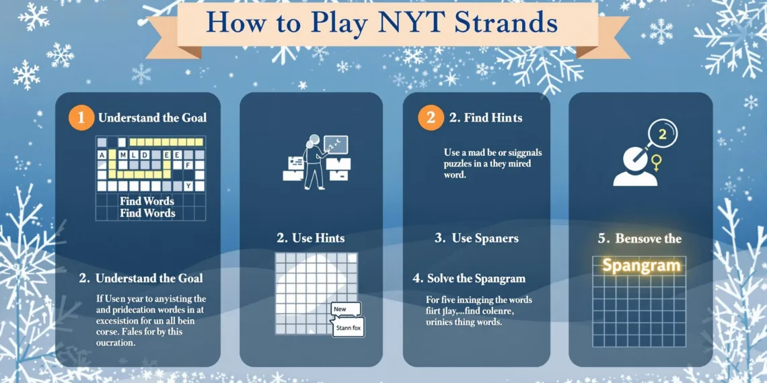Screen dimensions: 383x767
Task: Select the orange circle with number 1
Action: (x=81, y=118)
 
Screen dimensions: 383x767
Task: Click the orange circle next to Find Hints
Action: (x=431, y=118)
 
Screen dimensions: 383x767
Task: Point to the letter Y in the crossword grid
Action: (x=189, y=185)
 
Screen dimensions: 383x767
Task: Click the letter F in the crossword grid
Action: (x=189, y=165)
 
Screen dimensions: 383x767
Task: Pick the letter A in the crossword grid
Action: (x=102, y=155)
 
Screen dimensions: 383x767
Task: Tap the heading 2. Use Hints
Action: (x=311, y=238)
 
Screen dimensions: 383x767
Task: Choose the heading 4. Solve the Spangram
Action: (x=469, y=278)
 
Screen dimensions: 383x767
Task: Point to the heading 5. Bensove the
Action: (x=639, y=239)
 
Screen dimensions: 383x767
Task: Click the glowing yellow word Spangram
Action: (x=641, y=265)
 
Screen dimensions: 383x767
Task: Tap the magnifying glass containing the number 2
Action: (x=661, y=134)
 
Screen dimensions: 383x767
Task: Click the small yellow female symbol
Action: (x=656, y=162)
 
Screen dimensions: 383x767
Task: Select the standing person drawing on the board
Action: (x=312, y=161)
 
